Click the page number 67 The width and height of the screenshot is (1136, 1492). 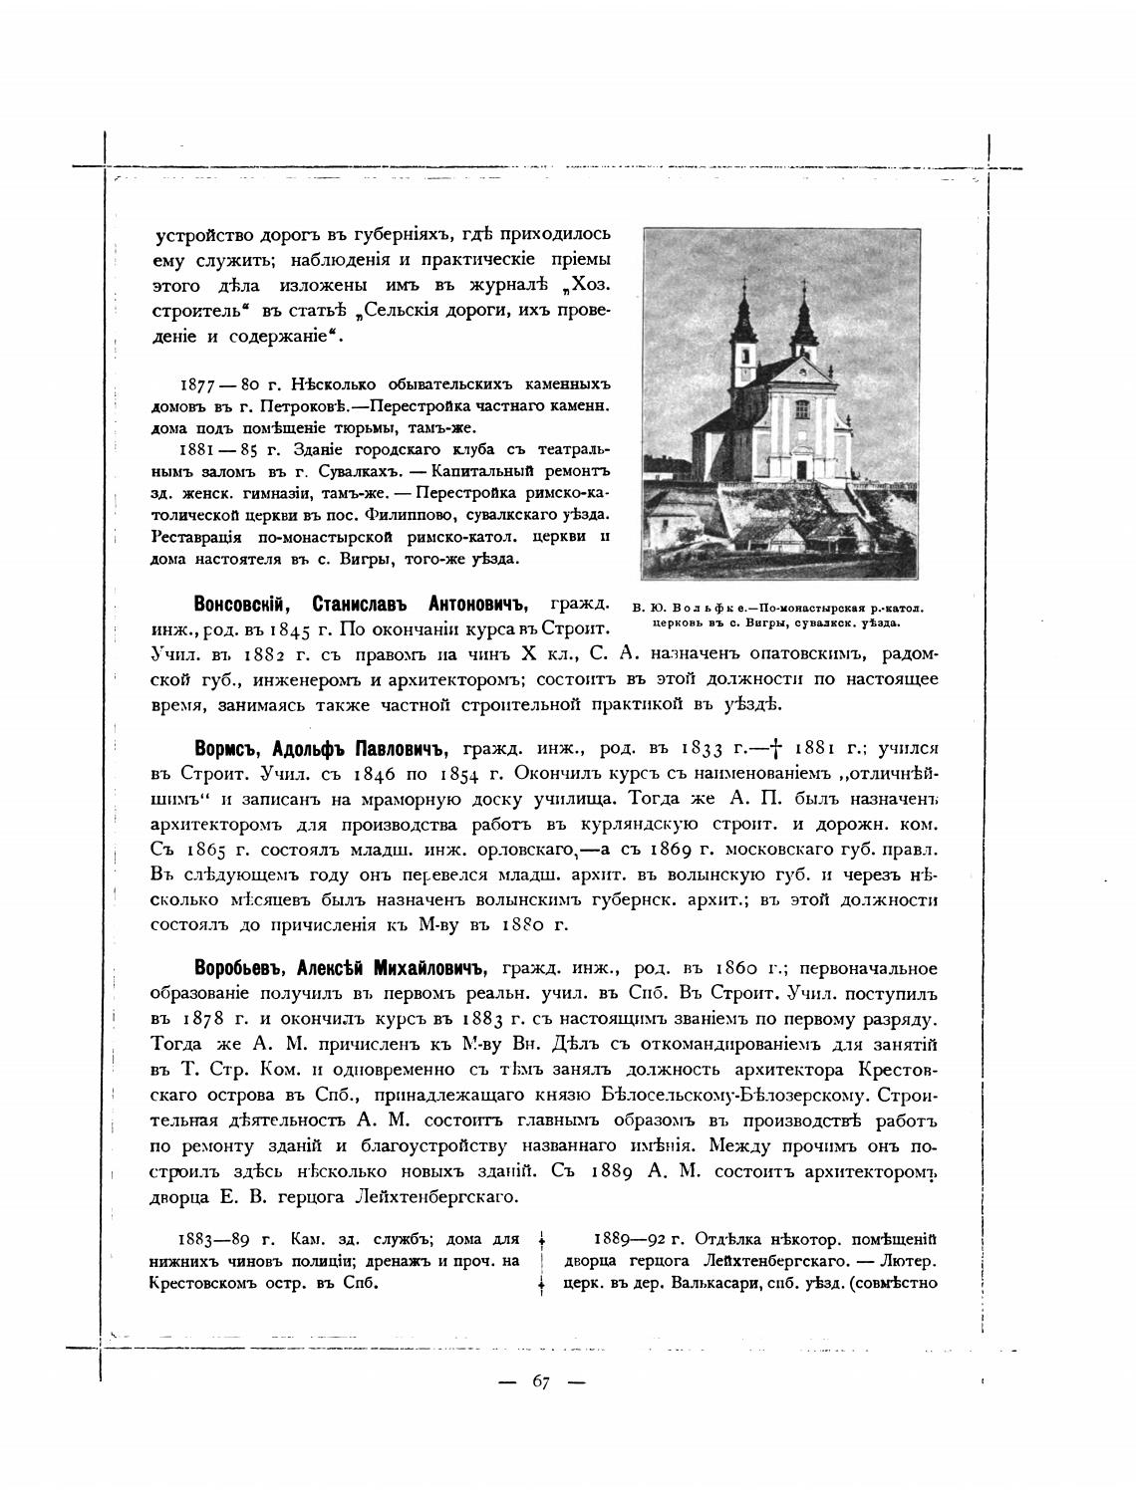point(541,1381)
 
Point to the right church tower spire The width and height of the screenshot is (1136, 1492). point(803,295)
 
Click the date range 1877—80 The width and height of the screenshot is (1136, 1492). point(219,384)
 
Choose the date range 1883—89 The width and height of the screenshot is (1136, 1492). point(214,1240)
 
